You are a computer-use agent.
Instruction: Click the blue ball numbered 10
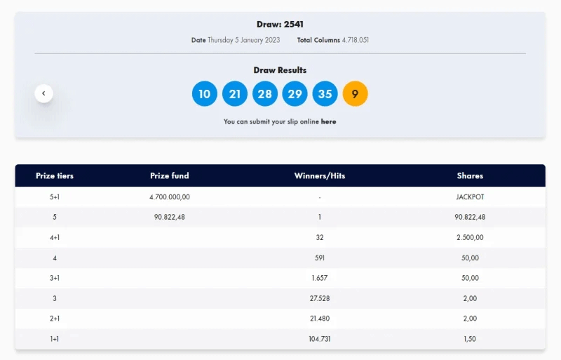(x=204, y=93)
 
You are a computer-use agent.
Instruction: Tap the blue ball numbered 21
(x=235, y=93)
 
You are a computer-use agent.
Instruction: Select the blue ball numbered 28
(x=264, y=93)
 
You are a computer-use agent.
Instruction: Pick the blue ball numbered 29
(x=295, y=93)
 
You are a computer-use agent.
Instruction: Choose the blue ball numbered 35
(x=325, y=93)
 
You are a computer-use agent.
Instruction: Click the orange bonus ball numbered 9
(x=355, y=93)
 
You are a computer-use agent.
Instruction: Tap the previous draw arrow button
(x=44, y=93)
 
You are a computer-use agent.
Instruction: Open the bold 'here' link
(x=329, y=121)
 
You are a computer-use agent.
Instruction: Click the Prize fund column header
(x=170, y=175)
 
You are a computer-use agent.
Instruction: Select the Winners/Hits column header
(x=320, y=175)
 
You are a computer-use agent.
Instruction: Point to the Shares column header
(x=470, y=175)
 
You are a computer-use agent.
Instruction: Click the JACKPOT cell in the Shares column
(x=470, y=197)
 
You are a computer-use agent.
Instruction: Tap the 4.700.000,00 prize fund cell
(x=170, y=197)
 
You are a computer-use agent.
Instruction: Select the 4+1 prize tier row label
(x=55, y=237)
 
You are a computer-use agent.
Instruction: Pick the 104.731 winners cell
(x=320, y=339)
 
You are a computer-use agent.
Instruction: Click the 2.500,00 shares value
(x=470, y=237)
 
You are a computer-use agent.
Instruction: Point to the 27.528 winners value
(x=320, y=298)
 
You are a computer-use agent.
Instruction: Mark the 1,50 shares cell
(x=470, y=339)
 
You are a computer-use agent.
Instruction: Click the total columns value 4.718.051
(x=356, y=40)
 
